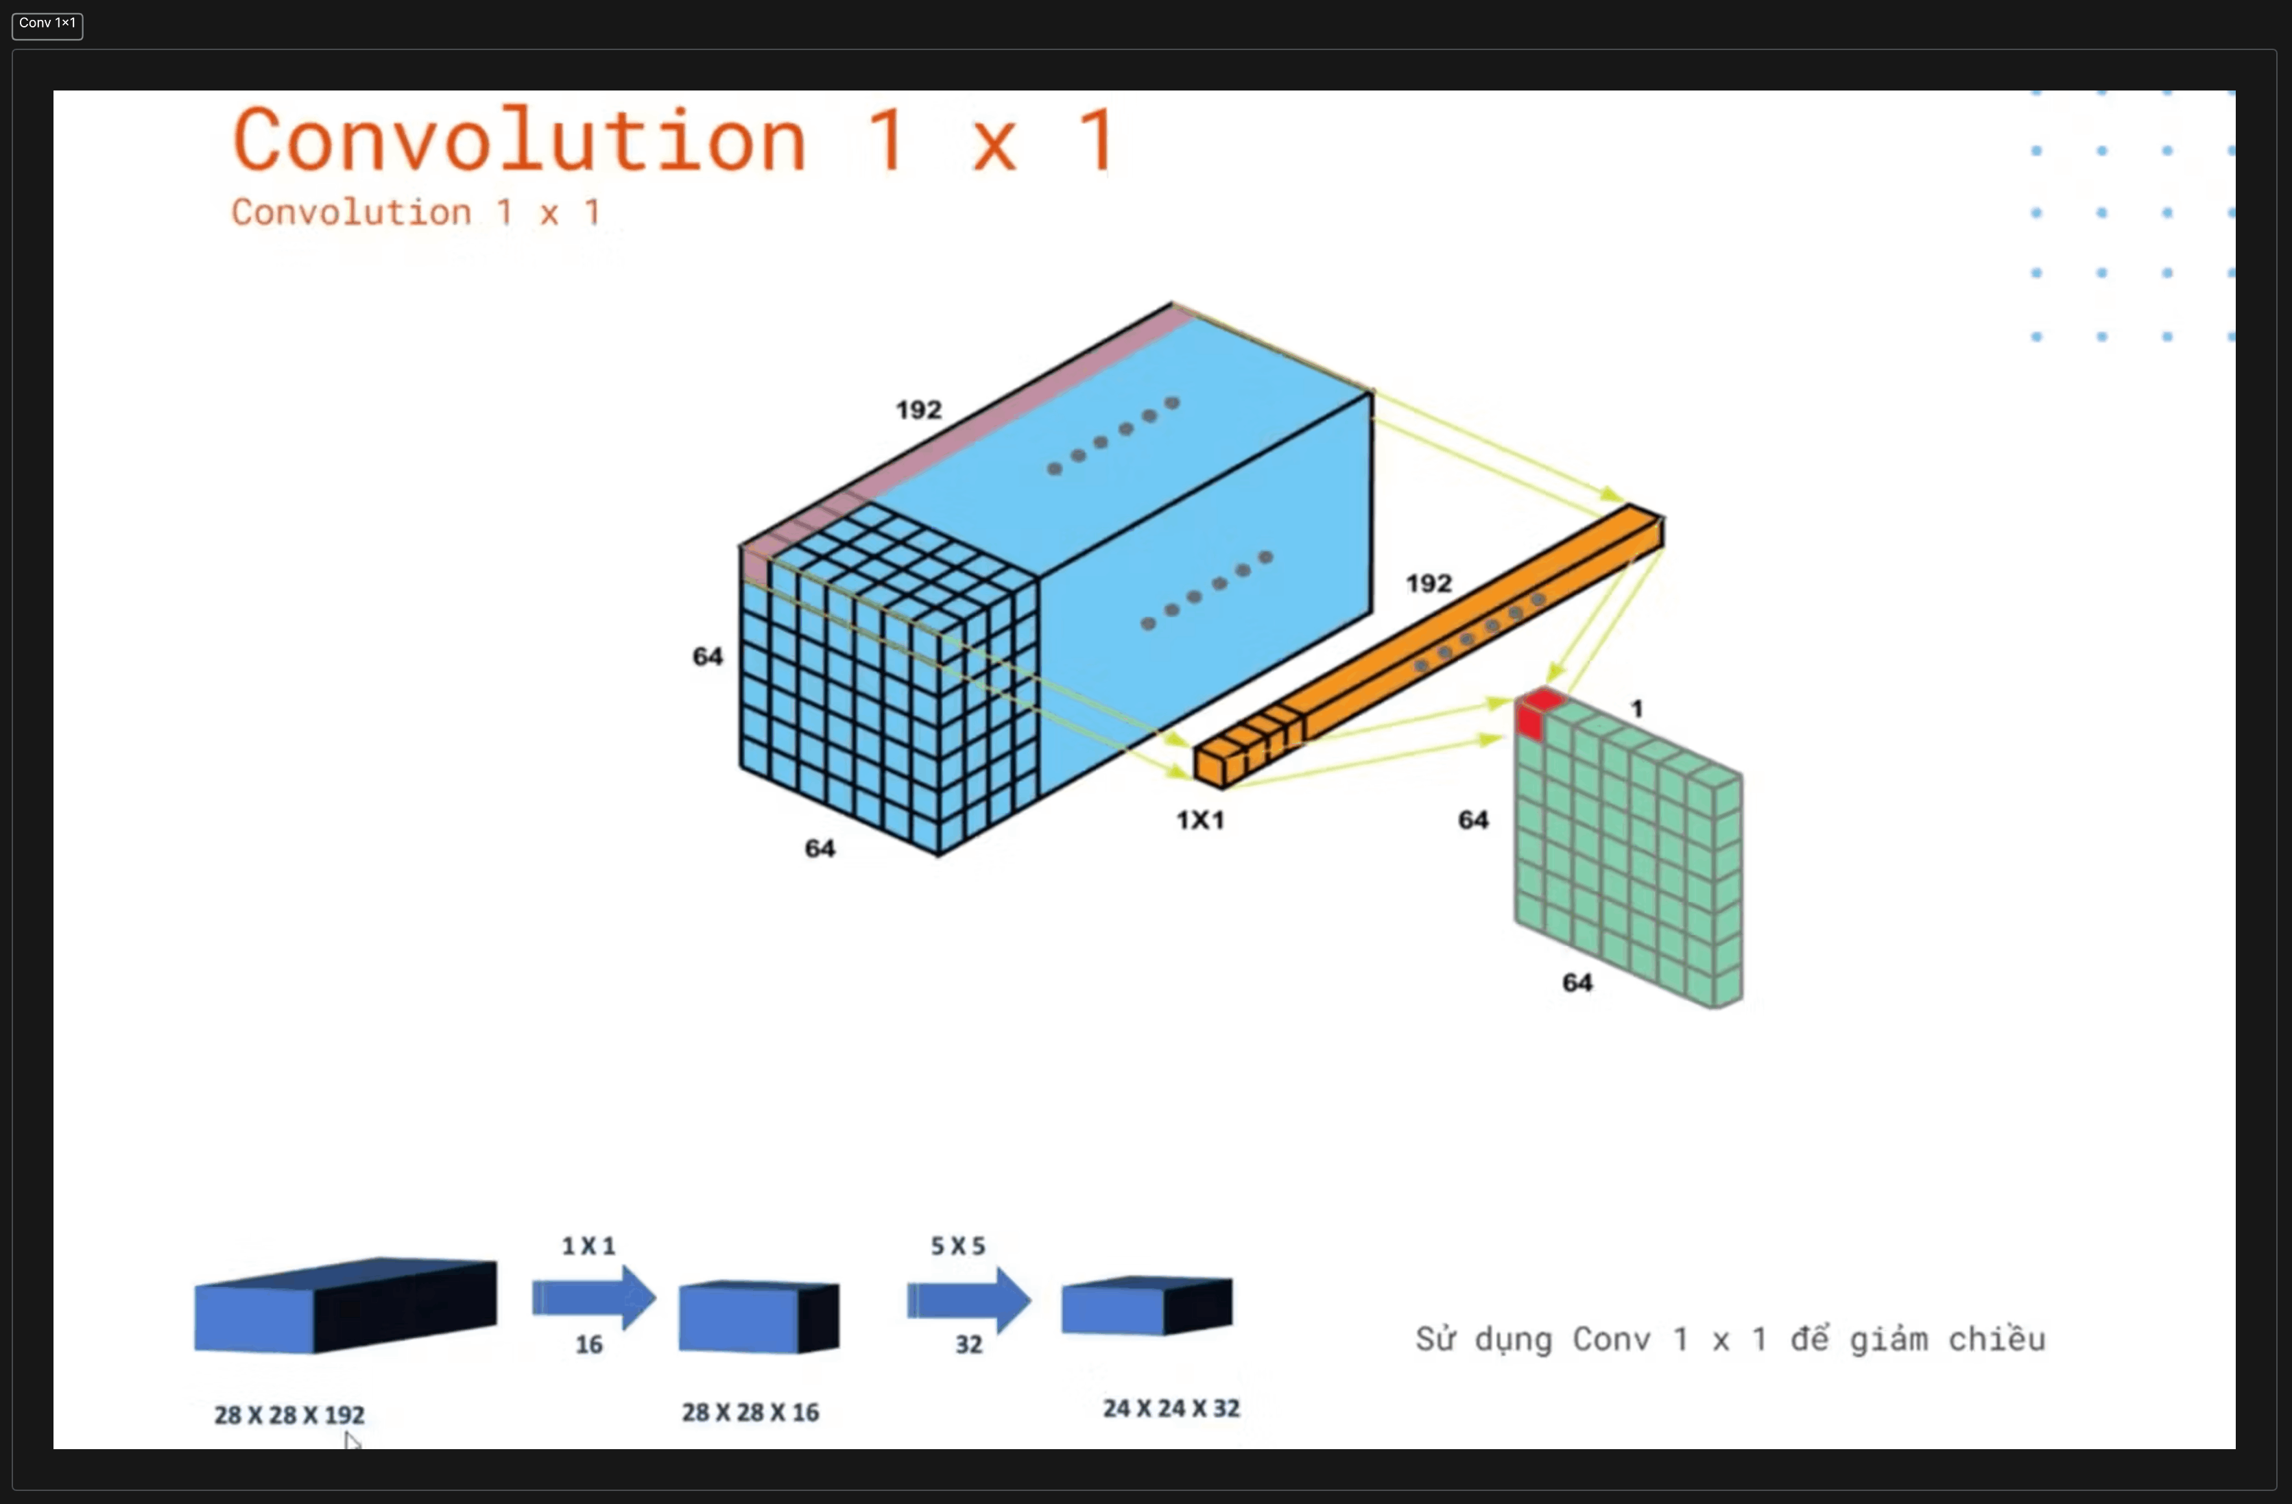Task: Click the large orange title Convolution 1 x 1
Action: (674, 141)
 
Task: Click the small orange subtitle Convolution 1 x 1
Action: (416, 212)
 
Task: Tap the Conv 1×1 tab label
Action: (47, 23)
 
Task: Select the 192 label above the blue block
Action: (919, 409)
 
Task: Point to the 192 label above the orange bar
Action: (1428, 583)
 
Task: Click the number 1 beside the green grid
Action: (1636, 709)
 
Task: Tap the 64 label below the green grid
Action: (1577, 982)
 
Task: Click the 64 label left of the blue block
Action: (708, 656)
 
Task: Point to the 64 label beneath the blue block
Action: (820, 847)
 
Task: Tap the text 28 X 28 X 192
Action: (289, 1414)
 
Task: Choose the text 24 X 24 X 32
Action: (1171, 1408)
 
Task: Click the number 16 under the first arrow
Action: (589, 1344)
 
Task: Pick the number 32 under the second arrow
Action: (969, 1344)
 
